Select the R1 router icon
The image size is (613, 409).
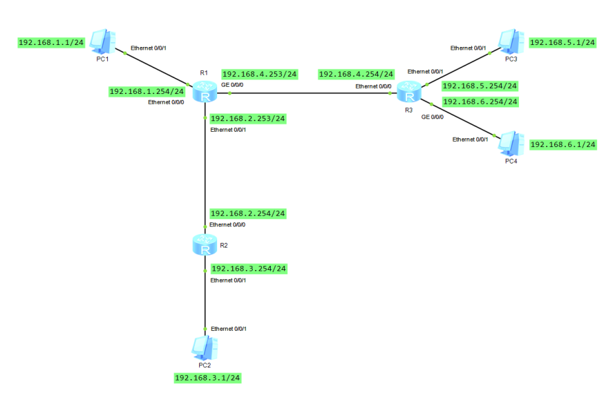(205, 93)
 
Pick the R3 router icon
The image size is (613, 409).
(409, 92)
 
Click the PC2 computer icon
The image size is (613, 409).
(205, 347)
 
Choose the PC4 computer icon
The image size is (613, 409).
(512, 144)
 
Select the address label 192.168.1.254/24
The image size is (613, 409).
(147, 91)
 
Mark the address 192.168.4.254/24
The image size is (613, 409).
(356, 74)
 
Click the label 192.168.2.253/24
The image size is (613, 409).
(248, 118)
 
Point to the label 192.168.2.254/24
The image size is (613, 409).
(248, 213)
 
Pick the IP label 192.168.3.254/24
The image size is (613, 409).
(248, 269)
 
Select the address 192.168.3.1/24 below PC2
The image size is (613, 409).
(207, 378)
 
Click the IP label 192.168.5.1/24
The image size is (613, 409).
(563, 42)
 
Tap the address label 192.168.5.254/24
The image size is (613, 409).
(480, 85)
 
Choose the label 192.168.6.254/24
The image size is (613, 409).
(480, 102)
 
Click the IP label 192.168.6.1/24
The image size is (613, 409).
(563, 144)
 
